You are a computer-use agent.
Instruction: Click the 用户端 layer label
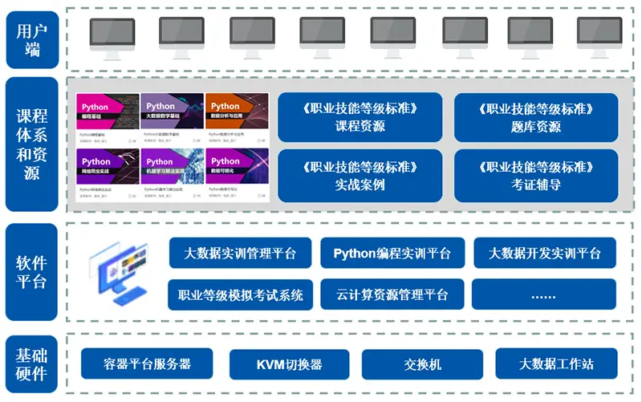(x=31, y=38)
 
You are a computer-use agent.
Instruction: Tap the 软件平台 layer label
(x=31, y=272)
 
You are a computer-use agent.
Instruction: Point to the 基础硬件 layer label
(x=31, y=363)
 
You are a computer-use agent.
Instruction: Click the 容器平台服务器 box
(x=147, y=363)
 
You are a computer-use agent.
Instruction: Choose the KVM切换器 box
(x=289, y=363)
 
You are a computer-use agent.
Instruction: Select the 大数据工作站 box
(x=556, y=363)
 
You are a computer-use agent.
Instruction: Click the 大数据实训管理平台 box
(x=241, y=253)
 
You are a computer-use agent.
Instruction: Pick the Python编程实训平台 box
(x=392, y=253)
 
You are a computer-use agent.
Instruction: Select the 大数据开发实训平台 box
(x=544, y=253)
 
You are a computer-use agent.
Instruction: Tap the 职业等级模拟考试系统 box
(x=241, y=294)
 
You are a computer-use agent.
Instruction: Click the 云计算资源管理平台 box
(x=392, y=294)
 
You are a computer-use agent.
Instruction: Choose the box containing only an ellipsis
(x=544, y=294)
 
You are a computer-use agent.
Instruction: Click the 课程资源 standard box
(x=360, y=117)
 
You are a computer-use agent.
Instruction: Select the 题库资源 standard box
(x=535, y=117)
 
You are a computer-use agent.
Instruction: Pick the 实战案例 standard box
(x=360, y=175)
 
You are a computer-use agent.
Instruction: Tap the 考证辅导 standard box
(x=535, y=175)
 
